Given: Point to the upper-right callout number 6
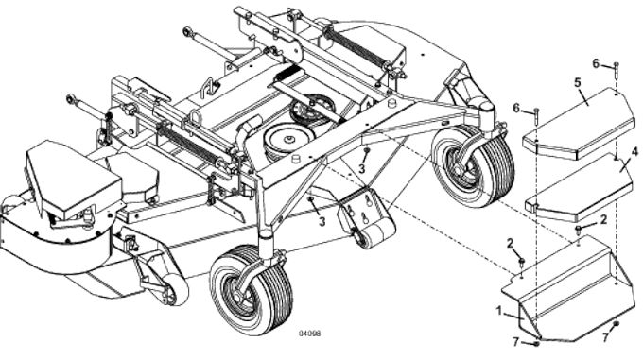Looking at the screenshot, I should [x=596, y=63].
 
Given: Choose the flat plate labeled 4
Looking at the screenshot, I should [x=577, y=184].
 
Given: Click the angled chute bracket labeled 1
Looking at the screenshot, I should [x=567, y=288].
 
